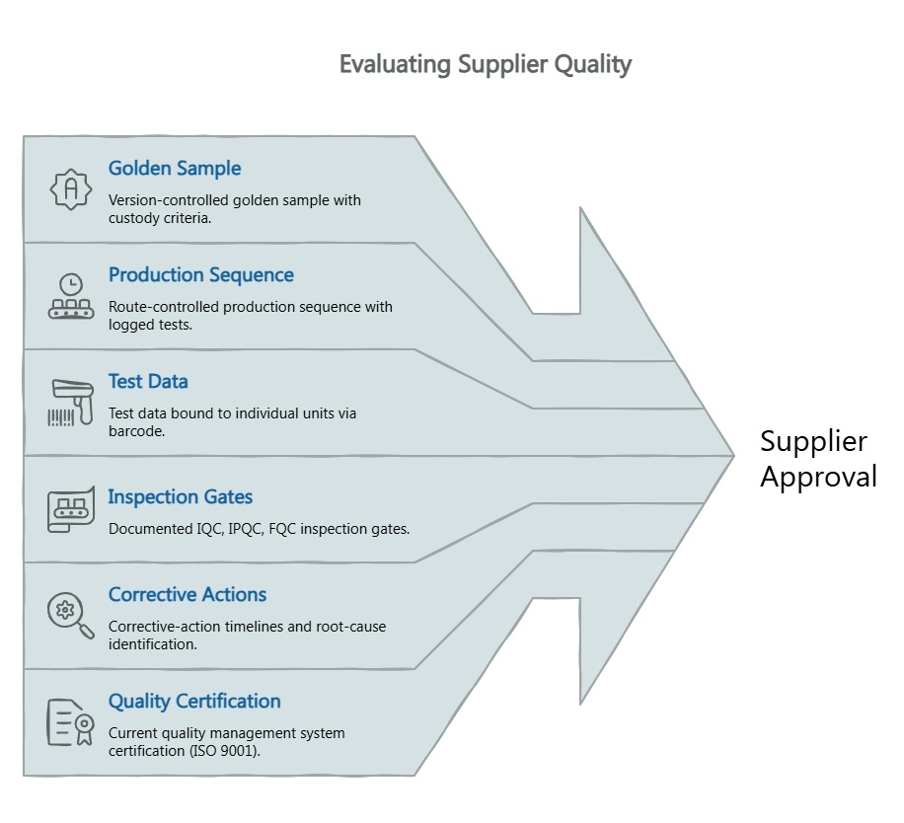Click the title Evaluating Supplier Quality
pos(485,64)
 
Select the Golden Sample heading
pos(175,168)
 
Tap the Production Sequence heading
pos(201,274)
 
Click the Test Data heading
pos(148,381)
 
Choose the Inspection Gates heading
pos(181,496)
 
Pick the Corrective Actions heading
pos(188,594)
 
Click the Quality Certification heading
pos(194,701)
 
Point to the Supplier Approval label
pos(817,459)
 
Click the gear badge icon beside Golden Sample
pos(70,188)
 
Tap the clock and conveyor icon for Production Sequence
pos(71,296)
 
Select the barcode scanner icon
pos(70,402)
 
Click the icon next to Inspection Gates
pos(70,509)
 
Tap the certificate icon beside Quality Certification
pos(70,722)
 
